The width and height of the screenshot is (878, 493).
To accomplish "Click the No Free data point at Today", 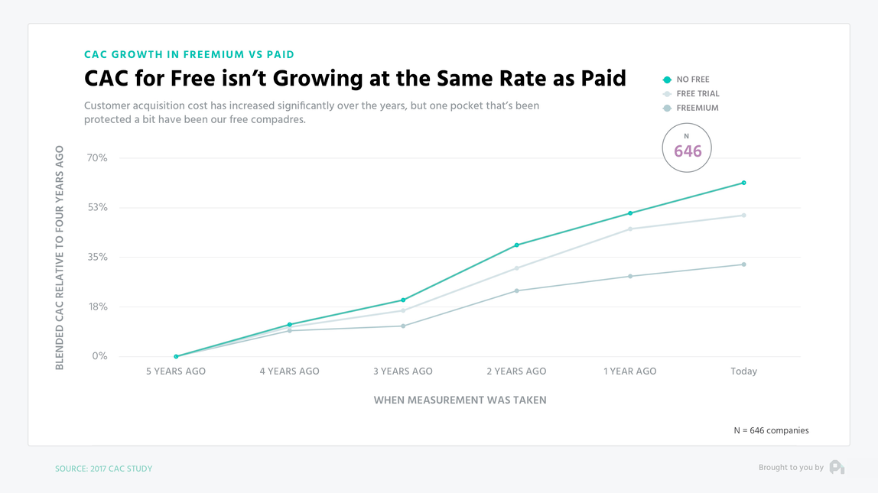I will coord(743,183).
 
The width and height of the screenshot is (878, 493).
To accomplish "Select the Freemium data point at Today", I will coord(743,264).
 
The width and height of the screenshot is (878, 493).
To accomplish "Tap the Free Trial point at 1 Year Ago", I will coord(630,229).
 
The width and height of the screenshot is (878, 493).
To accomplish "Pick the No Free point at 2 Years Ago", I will coord(517,245).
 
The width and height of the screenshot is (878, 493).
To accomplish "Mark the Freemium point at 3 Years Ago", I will coord(403,326).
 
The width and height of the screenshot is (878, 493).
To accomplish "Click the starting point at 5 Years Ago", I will coord(176,356).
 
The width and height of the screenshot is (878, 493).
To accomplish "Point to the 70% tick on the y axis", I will coord(97,158).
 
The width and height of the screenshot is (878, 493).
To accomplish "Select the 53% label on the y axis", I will coord(97,208).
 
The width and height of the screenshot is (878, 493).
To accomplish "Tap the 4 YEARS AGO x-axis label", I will coord(290,371).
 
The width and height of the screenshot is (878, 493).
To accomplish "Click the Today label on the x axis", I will coord(743,371).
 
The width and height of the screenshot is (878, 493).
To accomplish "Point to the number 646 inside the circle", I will coord(688,151).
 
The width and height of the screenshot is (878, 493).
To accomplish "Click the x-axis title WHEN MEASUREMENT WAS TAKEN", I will coord(460,400).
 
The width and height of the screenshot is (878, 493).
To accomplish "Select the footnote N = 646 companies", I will coord(771,430).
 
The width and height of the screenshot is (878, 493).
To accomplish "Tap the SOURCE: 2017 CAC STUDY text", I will coord(103,469).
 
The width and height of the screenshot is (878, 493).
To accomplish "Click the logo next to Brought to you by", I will coord(837,467).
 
